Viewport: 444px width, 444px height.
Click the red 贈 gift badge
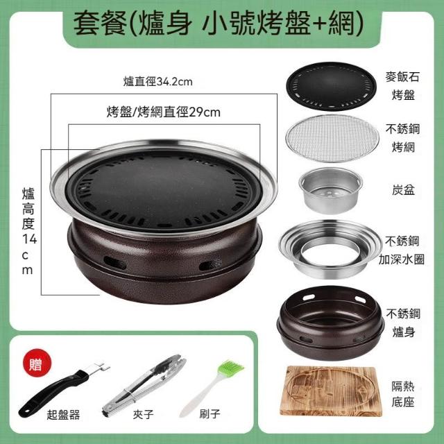coord(37,364)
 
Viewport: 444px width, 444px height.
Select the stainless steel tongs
coord(144,384)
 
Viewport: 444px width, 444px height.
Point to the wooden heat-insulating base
coord(330,391)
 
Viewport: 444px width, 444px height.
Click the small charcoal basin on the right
coord(330,190)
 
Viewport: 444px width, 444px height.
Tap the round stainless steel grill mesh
coord(332,138)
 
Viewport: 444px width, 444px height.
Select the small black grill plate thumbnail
coord(332,86)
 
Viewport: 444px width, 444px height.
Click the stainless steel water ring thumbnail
coord(330,248)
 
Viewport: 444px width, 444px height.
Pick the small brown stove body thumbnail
coord(330,323)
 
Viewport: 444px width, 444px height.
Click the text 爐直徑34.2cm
coord(157,82)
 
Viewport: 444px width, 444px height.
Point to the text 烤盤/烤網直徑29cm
coord(164,112)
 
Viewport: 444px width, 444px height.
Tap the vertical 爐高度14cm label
coord(29,231)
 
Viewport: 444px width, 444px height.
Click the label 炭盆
coord(403,190)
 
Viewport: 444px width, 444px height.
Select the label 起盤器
coord(63,415)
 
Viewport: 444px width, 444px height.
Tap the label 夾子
coord(144,415)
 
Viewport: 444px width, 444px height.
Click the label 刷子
coord(210,413)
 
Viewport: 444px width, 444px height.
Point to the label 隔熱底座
coord(403,394)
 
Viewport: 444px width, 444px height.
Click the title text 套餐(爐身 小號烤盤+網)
coord(219,24)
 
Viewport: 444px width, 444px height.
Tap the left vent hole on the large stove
coord(115,263)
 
